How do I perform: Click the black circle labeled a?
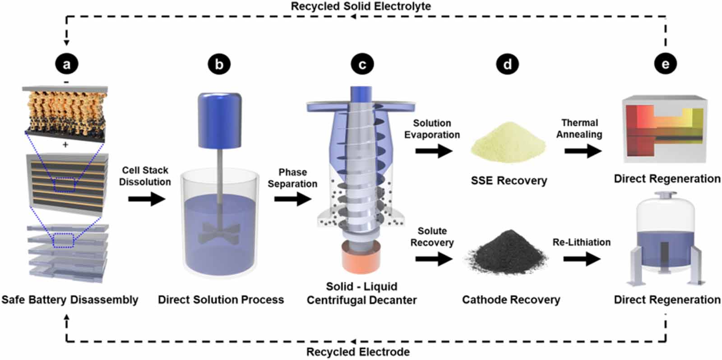(67, 64)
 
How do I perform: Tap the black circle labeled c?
(362, 64)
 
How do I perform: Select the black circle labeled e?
(665, 64)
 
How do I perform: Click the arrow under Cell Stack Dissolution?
(147, 199)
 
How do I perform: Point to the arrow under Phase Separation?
(293, 199)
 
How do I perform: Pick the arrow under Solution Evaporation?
(434, 151)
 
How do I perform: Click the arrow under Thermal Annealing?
(583, 151)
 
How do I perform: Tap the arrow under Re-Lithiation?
(582, 259)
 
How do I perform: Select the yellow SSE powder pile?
(508, 142)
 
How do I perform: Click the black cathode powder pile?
(506, 253)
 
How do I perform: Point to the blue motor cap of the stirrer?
(220, 120)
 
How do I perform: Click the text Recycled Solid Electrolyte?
(361, 6)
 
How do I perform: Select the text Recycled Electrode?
(358, 351)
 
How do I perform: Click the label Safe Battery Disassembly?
(70, 300)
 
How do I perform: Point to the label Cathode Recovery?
(511, 300)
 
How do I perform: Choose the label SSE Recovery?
(509, 180)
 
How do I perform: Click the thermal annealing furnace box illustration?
(665, 129)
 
